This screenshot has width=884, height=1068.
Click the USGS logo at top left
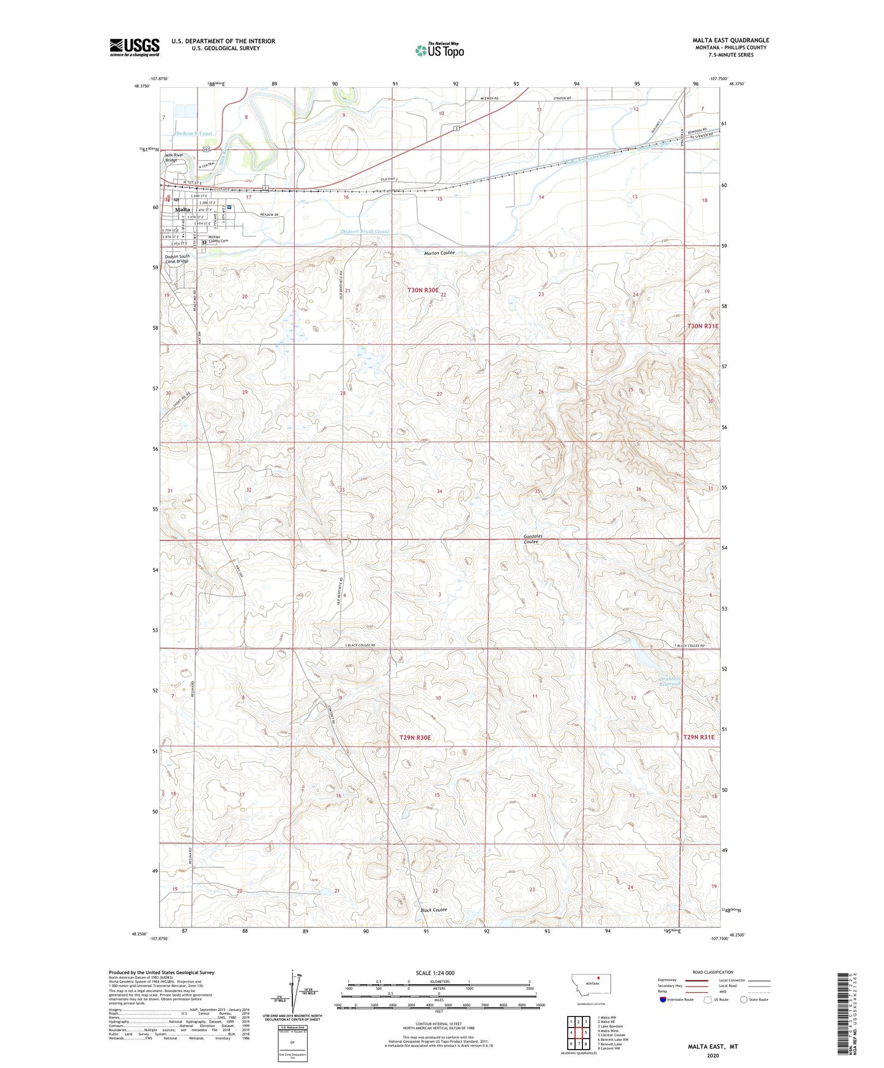coord(134,47)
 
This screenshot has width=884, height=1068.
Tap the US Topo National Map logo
coord(439,50)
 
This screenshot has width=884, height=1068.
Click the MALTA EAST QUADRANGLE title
coord(730,40)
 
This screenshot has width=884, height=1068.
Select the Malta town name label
coord(182,209)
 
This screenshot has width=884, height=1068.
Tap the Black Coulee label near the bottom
coord(434,910)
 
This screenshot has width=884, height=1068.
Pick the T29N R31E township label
coord(699,737)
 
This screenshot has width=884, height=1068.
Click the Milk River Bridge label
coord(174,157)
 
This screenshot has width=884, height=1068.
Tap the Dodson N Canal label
coord(194,133)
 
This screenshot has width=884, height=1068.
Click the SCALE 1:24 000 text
coord(435,973)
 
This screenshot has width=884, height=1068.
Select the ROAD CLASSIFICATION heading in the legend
coord(713,972)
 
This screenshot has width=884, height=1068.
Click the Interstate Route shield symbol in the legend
coord(664,999)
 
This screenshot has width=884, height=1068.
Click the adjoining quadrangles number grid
coord(578,1033)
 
